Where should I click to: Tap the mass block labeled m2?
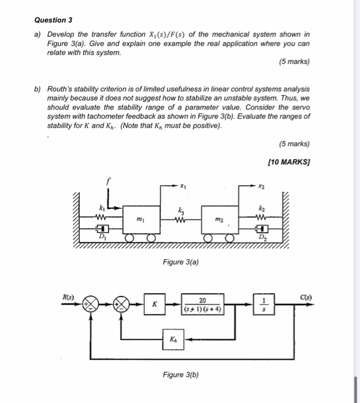[219, 219]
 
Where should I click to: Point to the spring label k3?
[181, 211]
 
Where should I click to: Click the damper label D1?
[102, 237]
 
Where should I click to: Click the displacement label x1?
[183, 186]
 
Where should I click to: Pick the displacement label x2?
[261, 186]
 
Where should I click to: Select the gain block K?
[154, 305]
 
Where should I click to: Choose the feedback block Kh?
[174, 340]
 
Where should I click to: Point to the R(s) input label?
[69, 296]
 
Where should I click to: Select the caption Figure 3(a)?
[181, 262]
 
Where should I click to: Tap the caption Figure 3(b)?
[181, 375]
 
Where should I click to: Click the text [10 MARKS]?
[289, 162]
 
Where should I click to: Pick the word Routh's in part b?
[61, 90]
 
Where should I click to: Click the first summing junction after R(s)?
[90, 305]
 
